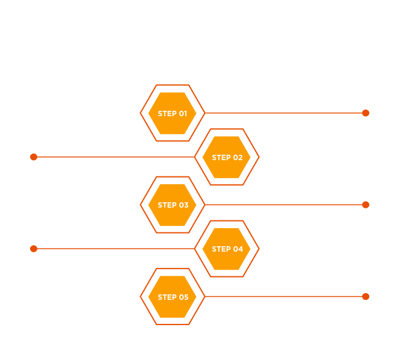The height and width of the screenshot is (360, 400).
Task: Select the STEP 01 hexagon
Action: point(173,113)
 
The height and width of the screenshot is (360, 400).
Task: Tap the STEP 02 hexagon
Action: point(227,157)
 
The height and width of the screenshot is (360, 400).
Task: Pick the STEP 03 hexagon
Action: point(173,205)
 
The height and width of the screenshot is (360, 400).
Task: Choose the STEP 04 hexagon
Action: point(227,249)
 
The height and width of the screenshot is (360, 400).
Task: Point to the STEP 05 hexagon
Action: point(173,297)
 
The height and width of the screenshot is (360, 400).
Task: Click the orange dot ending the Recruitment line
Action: point(366,113)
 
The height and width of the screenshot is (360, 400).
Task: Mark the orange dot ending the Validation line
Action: point(34,157)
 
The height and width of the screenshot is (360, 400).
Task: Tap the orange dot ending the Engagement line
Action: point(366,205)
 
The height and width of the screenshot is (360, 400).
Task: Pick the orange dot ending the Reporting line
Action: point(34,249)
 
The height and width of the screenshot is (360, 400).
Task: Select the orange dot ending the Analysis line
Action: point(366,297)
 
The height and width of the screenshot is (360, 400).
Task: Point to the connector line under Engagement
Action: point(283,205)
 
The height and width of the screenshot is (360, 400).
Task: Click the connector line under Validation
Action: point(114,157)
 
